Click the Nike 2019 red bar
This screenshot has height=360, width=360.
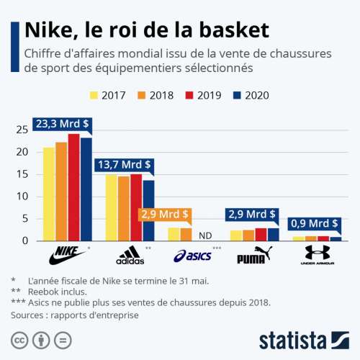(74, 187)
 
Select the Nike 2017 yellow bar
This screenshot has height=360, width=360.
(49, 194)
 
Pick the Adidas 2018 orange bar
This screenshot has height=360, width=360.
(124, 208)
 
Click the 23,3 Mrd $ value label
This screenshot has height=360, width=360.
(63, 124)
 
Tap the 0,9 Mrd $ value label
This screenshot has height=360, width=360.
(314, 223)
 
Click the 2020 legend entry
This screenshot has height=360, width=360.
(251, 94)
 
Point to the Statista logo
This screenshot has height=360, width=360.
(303, 338)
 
